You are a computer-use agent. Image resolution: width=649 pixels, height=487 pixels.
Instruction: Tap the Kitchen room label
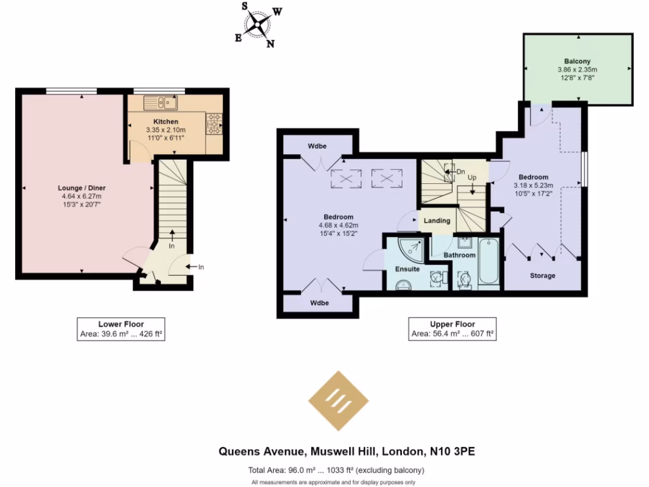point(165,122)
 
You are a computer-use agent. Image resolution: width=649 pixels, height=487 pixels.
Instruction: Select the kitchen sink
point(161,102)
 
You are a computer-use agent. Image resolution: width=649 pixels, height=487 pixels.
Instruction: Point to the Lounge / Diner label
point(81,188)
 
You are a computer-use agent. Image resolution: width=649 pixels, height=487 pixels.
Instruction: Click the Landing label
point(437,221)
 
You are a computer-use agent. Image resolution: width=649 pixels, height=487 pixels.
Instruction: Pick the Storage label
point(543,276)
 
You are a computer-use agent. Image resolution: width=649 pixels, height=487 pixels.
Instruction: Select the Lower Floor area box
point(120,329)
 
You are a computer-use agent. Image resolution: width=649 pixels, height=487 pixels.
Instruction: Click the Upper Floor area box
point(452,329)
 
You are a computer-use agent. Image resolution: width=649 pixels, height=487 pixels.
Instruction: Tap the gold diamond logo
point(338,400)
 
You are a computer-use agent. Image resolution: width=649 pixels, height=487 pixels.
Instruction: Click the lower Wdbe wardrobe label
point(319,303)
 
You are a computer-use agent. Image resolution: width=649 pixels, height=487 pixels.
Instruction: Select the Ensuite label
point(408,269)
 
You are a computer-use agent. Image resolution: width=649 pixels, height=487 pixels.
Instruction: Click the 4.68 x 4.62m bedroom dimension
point(338,225)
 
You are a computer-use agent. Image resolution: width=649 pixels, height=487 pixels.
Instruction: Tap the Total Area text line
point(336,471)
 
